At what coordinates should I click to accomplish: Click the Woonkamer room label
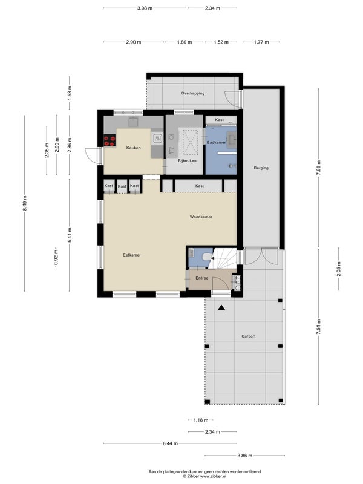point(201,217)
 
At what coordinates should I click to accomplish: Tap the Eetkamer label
point(132,255)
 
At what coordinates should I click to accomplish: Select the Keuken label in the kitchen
point(133,148)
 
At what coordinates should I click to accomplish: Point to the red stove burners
point(110,141)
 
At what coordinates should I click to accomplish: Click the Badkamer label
point(216,142)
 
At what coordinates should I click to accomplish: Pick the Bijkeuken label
point(187,160)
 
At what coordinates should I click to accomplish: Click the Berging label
point(261,168)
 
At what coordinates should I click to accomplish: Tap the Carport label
point(249,336)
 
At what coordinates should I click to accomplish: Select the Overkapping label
point(192,93)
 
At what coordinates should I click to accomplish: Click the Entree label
point(202,278)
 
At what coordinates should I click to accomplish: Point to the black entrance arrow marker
point(221,307)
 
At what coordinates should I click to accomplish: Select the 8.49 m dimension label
point(25,203)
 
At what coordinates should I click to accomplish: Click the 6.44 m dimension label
point(171,443)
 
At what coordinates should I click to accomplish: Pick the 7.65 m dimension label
point(319,168)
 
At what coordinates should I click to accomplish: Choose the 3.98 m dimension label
point(145,8)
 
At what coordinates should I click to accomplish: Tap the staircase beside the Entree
point(223,258)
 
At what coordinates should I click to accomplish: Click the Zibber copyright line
point(204,476)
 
